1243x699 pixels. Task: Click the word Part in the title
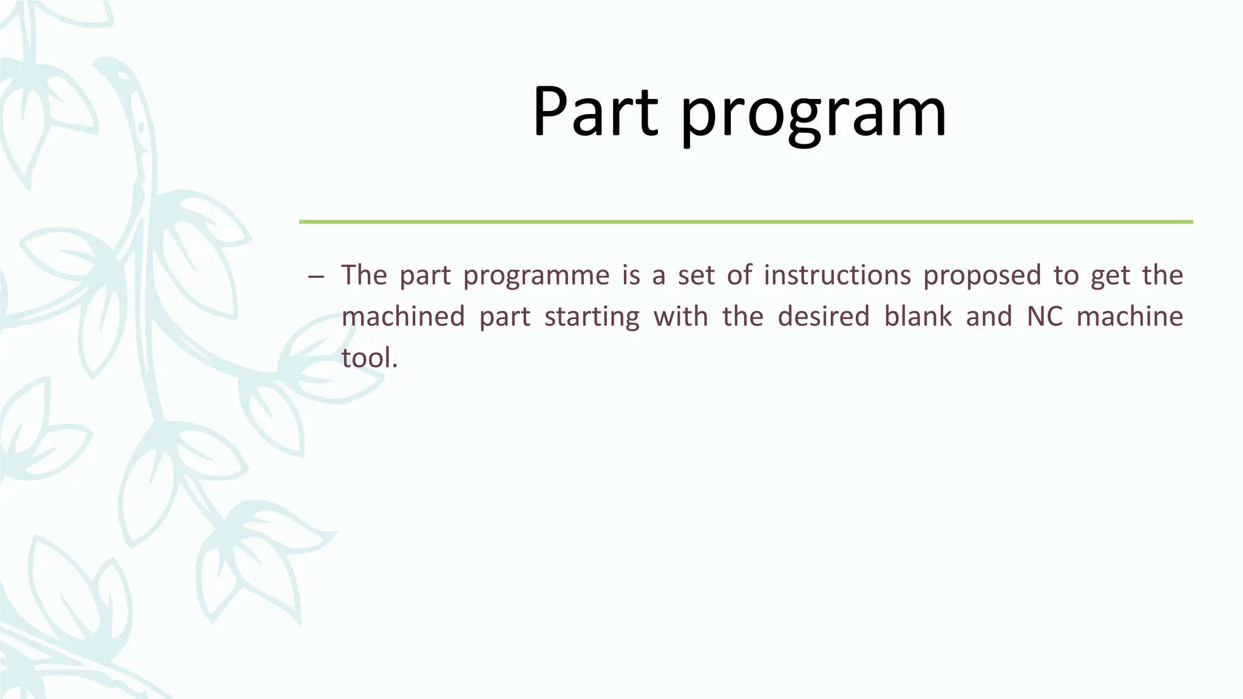595,112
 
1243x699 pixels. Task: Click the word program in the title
813,115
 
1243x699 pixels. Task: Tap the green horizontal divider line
746,222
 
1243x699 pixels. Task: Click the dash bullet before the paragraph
316,277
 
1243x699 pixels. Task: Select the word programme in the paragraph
536,276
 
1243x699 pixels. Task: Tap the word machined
403,317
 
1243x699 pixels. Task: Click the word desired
824,317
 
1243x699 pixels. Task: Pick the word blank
918,317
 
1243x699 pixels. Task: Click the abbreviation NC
1045,317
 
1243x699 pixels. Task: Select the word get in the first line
1110,277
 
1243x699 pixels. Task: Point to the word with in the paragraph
680,317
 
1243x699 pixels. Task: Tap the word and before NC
989,317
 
